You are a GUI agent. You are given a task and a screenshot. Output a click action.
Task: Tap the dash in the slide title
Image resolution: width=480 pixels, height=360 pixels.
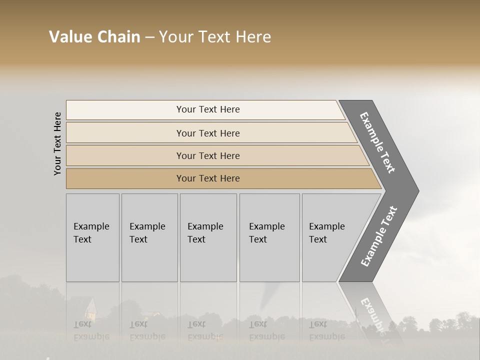(149, 37)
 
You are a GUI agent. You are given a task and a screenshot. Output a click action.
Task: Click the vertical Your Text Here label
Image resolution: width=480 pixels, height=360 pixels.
(57, 143)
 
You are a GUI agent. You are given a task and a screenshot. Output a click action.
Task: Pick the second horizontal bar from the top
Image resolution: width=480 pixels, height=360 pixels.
(208, 133)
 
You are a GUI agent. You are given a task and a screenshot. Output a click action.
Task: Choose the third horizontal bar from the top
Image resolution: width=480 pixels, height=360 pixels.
(208, 155)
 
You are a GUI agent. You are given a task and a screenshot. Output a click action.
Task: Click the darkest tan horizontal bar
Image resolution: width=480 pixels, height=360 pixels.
(208, 178)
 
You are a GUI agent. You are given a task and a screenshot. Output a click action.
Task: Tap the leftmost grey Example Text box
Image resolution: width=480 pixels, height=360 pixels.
(92, 237)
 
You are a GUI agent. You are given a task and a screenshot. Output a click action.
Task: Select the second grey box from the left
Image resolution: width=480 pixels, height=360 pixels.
(149, 237)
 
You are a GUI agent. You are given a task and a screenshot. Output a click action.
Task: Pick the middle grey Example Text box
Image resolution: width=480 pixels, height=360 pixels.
(208, 237)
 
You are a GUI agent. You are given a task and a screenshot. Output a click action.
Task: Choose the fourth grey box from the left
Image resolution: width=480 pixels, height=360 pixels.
(269, 237)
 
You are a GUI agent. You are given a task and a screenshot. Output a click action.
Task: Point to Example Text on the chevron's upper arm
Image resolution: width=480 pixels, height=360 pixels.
(377, 142)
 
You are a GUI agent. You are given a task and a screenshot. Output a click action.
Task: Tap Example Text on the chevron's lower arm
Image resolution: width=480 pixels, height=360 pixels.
(379, 236)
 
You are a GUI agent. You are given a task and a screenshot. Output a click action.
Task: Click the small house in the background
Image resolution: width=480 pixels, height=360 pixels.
(90, 309)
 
